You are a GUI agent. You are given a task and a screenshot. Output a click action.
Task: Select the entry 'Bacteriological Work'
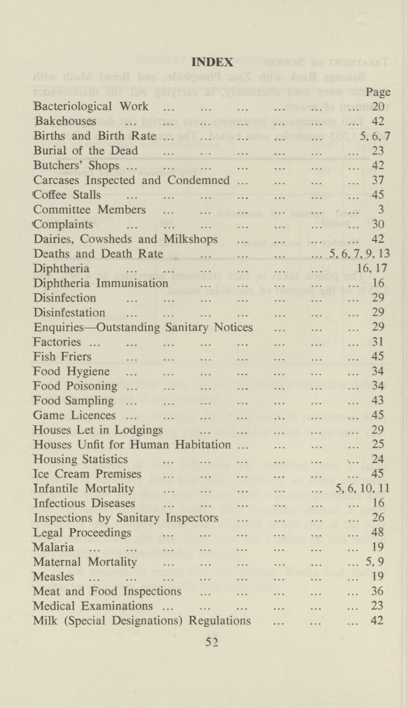point(91,107)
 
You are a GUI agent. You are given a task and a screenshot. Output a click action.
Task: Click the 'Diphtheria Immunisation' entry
point(100,282)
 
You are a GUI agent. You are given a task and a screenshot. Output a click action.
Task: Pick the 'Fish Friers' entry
point(62,356)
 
